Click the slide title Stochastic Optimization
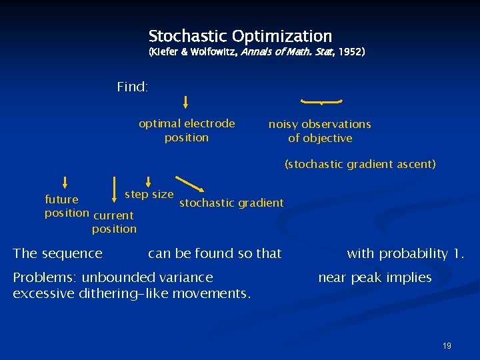240,36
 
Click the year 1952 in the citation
349,51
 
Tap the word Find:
132,87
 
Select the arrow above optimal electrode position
186,102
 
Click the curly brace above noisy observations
321,101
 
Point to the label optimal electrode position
187,131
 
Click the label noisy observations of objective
320,131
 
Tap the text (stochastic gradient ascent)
360,164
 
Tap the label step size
149,195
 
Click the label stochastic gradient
231,203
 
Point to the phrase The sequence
58,253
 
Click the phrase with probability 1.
405,253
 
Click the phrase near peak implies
375,277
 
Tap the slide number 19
447,345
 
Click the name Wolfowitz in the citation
204,51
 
